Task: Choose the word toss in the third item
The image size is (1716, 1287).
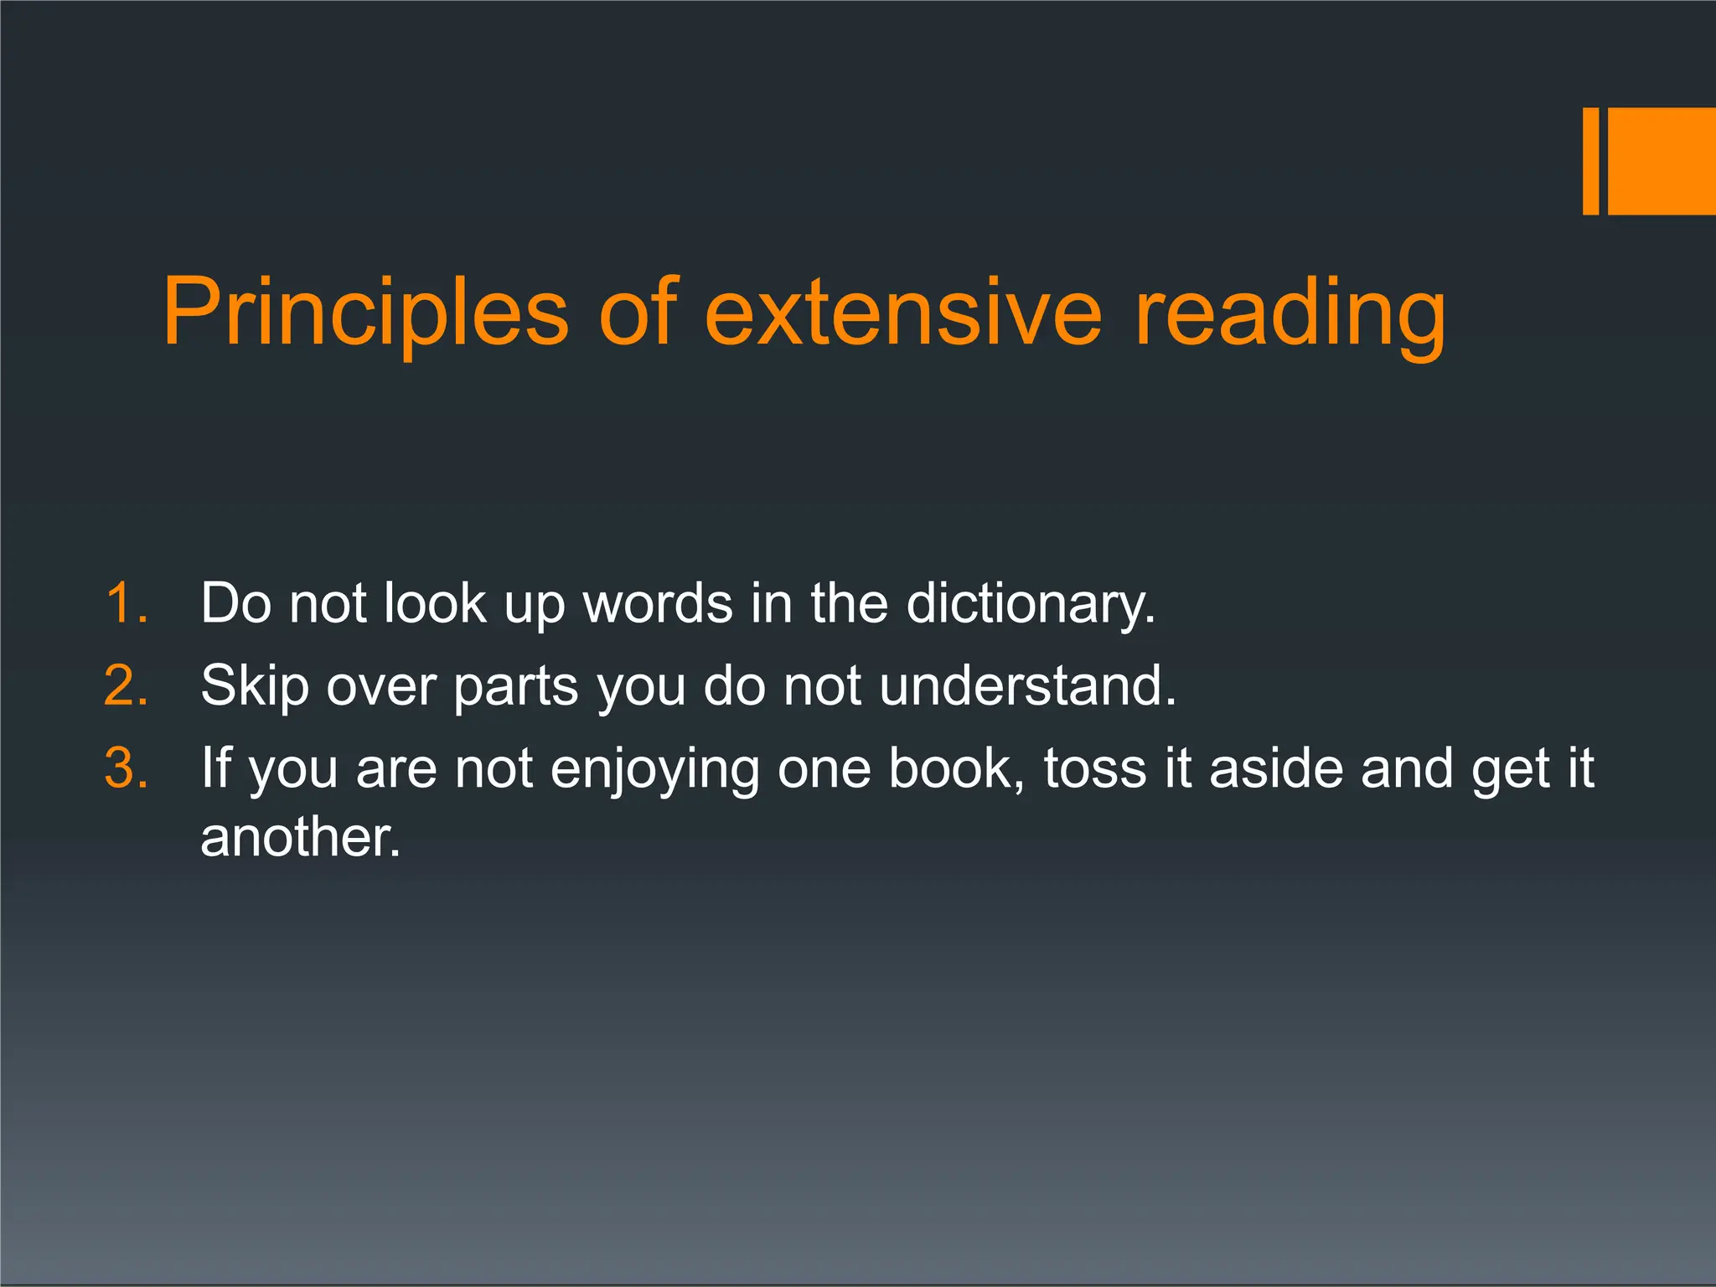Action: coord(1095,768)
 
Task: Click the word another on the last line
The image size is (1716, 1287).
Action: coord(301,837)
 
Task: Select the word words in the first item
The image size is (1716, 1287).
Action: coord(658,603)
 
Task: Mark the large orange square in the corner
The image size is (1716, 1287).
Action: coord(1662,161)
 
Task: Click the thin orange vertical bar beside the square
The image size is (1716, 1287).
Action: coord(1590,161)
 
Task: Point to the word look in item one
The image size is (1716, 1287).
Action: coord(435,603)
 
